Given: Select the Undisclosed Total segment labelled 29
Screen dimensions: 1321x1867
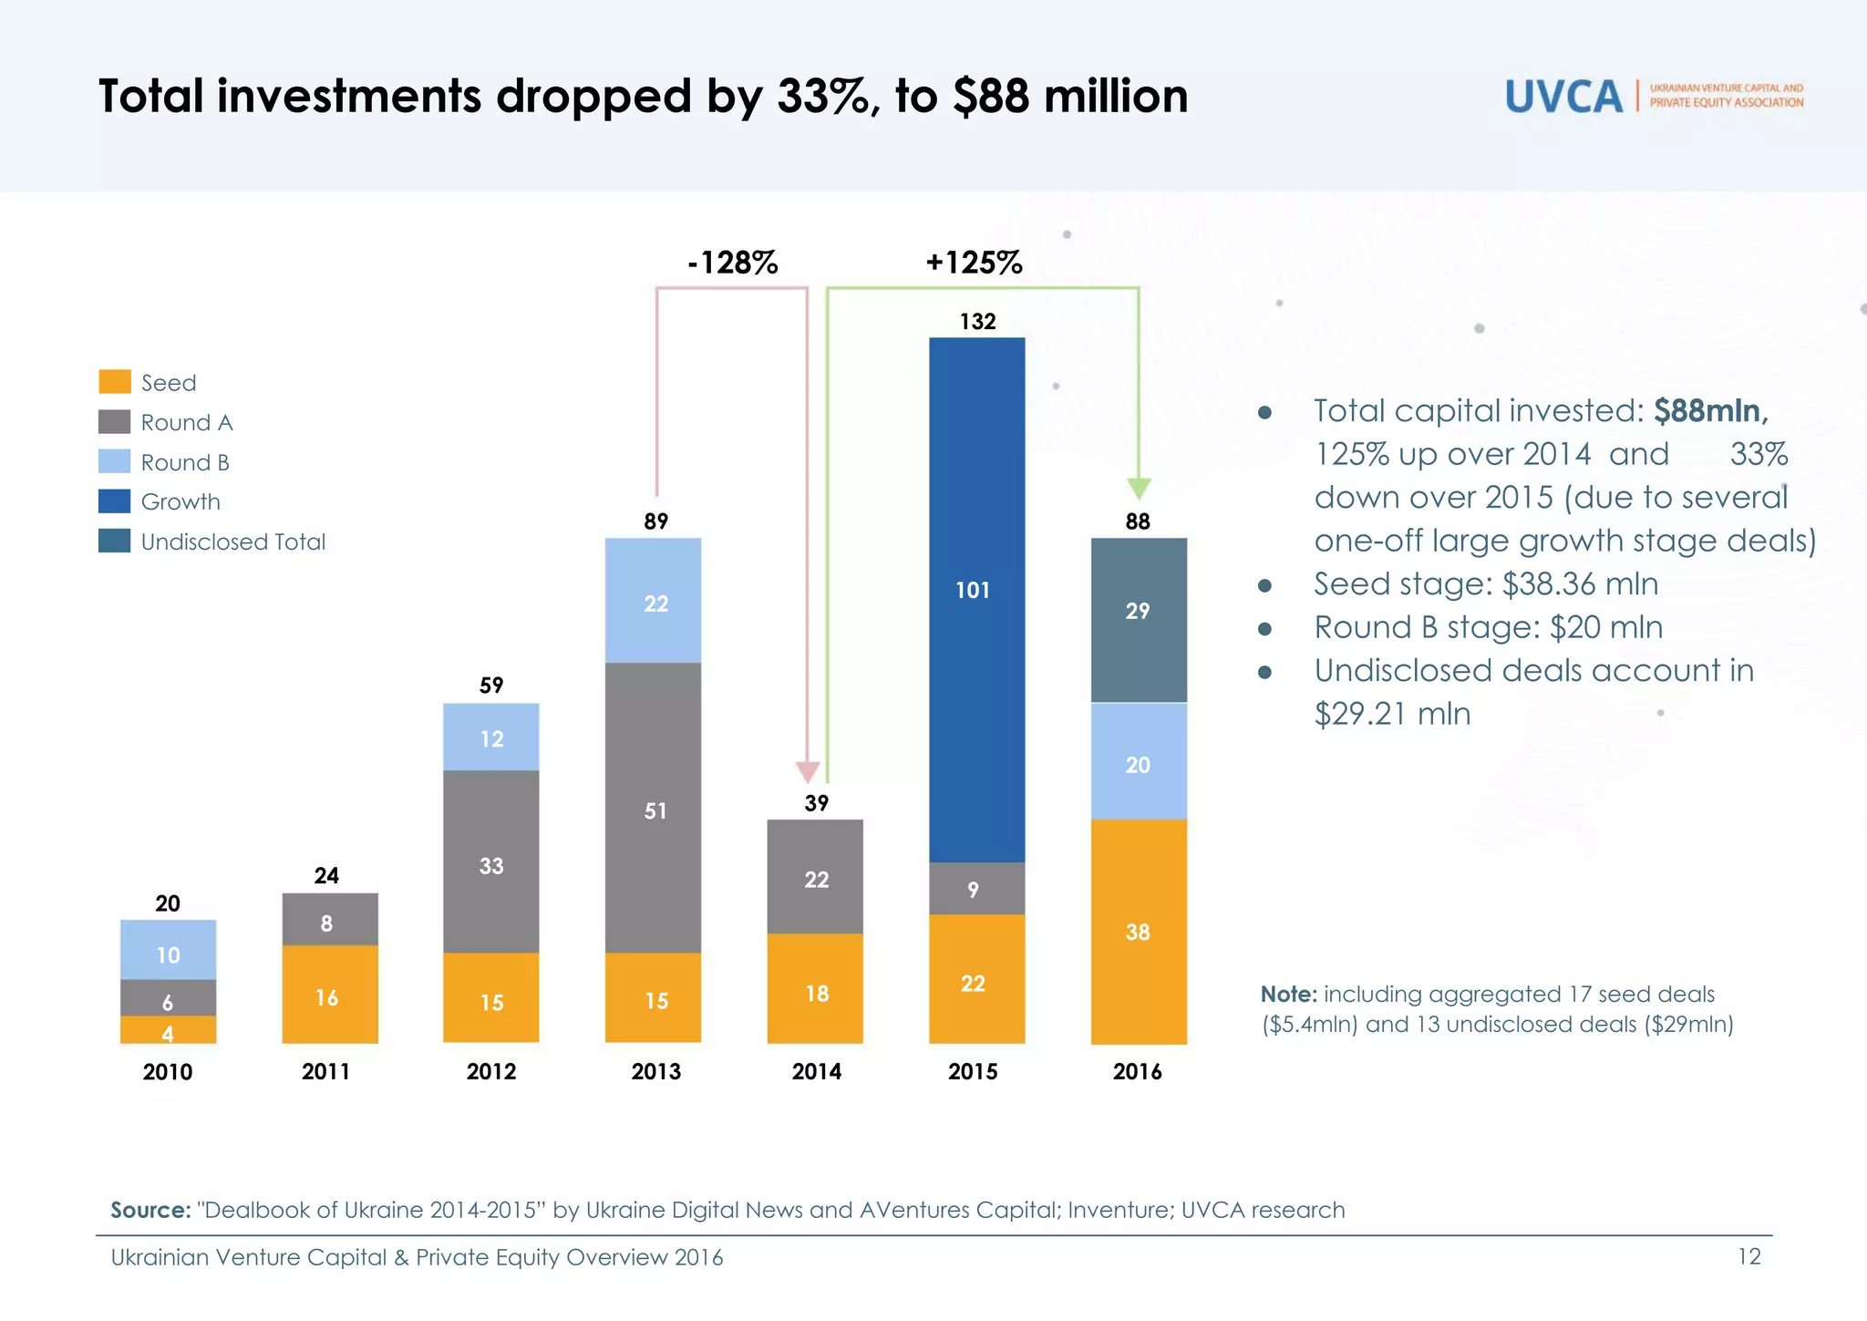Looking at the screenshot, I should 1138,620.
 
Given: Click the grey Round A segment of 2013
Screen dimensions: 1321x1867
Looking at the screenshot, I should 653,807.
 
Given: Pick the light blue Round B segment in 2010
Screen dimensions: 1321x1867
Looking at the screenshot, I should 168,949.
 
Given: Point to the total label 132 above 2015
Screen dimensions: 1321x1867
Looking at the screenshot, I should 977,321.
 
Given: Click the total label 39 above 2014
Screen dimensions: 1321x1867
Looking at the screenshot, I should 816,802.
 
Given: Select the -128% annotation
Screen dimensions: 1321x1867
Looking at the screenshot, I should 732,263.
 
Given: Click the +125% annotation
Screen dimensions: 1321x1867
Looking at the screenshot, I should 974,263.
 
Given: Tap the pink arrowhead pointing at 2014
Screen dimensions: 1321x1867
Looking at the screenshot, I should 808,772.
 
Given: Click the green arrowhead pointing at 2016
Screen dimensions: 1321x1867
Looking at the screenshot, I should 1139,488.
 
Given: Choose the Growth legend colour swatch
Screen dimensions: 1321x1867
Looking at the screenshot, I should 114,501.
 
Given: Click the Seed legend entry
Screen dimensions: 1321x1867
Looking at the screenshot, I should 168,383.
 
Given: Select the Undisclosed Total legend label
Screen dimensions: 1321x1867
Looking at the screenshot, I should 232,542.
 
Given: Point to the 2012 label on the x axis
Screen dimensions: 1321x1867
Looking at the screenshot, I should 490,1071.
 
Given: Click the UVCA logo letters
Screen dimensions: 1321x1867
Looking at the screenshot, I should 1563,97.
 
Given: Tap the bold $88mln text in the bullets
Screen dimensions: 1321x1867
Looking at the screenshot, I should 1710,410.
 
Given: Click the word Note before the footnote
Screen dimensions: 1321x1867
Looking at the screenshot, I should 1288,994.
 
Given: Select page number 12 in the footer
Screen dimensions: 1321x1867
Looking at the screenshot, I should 1748,1256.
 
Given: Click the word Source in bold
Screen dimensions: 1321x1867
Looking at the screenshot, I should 150,1210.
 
